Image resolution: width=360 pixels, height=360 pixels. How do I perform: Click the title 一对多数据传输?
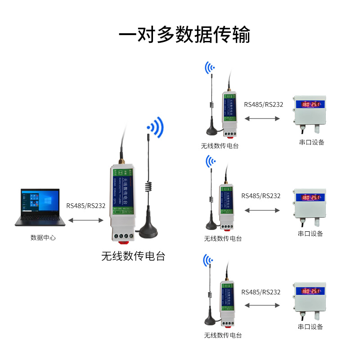(x=184, y=35)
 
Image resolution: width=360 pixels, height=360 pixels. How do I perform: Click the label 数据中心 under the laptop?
(x=43, y=237)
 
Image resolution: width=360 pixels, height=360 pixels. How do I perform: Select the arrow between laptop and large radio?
(x=86, y=220)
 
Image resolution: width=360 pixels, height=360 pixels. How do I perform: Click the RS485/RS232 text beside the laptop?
(x=85, y=206)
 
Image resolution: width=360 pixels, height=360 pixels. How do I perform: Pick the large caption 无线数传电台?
(x=133, y=256)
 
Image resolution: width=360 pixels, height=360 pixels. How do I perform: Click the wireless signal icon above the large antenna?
(x=156, y=127)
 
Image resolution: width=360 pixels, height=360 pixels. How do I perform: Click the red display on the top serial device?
(x=310, y=105)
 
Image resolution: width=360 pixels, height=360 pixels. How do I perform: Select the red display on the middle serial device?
(x=310, y=197)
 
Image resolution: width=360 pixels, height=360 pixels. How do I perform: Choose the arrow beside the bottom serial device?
(x=261, y=306)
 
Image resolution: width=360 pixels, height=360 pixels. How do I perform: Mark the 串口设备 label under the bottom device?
(x=310, y=326)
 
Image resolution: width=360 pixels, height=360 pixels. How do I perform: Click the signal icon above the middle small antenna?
(x=210, y=161)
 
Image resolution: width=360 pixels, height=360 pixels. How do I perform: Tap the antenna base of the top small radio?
(x=212, y=131)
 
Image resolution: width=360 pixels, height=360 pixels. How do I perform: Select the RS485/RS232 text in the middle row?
(x=261, y=196)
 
